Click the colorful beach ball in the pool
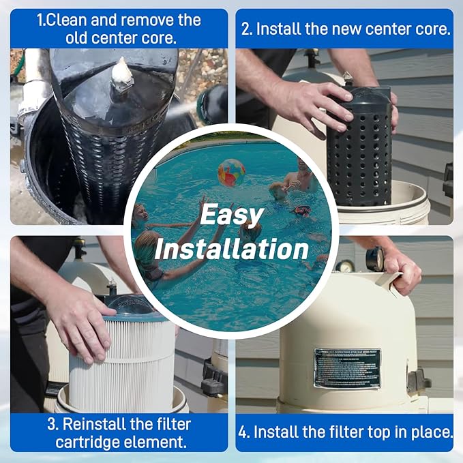(x=231, y=173)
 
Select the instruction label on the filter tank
(x=347, y=368)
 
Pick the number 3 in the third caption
(x=51, y=424)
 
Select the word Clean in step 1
(x=68, y=20)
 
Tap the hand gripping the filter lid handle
(x=402, y=269)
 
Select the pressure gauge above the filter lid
(x=374, y=259)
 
